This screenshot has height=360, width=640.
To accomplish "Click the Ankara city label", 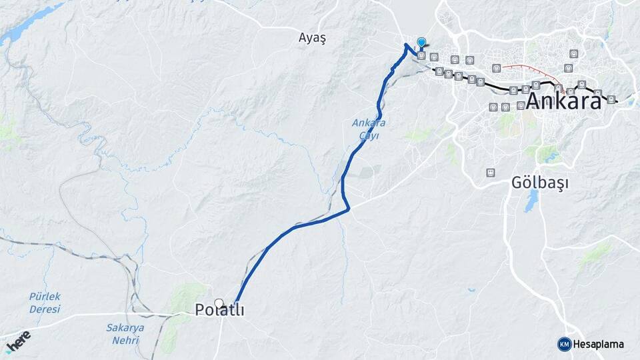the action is [x=563, y=101].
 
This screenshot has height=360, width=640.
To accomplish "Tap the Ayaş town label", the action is [x=312, y=38].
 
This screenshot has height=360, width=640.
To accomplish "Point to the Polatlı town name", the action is [x=220, y=310].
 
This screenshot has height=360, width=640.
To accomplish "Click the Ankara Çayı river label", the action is [x=369, y=129].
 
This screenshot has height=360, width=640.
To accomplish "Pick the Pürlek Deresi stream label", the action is [x=45, y=303].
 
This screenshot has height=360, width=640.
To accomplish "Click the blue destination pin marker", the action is [x=421, y=43].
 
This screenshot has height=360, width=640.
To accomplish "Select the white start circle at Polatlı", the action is [x=219, y=303].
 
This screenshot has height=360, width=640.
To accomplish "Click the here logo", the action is [x=18, y=341].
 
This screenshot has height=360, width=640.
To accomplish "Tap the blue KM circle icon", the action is [x=564, y=344].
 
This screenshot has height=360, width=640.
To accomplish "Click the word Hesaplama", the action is [x=599, y=344].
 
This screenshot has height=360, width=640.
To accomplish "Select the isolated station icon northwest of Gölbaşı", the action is [x=491, y=173].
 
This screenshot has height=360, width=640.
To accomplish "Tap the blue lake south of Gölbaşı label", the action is [x=531, y=201].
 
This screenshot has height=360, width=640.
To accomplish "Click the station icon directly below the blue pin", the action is [x=421, y=56].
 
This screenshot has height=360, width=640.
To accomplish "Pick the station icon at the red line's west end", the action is [x=495, y=67].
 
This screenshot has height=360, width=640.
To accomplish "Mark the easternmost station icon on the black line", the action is [x=611, y=99].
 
